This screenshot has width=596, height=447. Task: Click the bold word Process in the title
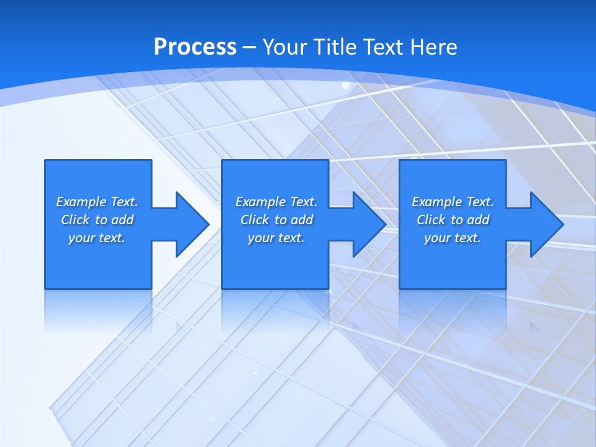coord(195,47)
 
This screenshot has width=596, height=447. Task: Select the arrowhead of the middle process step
coord(369,224)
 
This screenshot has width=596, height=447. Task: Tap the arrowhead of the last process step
coord(546,224)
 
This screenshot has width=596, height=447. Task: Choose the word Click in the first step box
coord(75,220)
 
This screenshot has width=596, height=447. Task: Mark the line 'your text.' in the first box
coord(97,238)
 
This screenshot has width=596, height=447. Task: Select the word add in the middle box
coord(302,220)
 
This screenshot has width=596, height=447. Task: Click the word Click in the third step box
coord(431,220)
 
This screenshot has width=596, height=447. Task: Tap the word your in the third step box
coord(437,238)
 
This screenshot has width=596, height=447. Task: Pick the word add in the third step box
coord(478,220)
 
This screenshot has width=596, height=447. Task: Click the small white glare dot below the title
coord(346,85)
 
